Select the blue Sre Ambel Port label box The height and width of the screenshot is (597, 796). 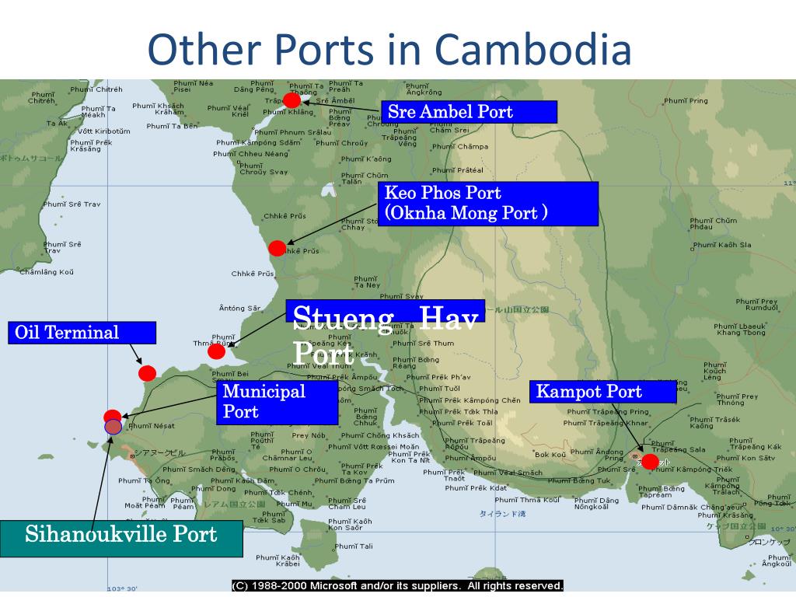469,112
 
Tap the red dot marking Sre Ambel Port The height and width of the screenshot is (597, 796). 292,100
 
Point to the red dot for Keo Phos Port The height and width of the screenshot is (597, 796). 277,249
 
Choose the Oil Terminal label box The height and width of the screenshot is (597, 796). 82,333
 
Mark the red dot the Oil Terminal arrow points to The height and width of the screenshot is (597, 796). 147,373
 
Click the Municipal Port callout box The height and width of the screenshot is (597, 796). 277,402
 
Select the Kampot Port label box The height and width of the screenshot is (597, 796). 603,392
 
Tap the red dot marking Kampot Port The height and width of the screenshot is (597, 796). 650,461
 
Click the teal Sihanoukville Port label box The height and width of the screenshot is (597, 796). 121,535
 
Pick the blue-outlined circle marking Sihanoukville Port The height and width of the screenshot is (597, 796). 113,426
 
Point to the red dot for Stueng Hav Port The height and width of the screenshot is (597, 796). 217,351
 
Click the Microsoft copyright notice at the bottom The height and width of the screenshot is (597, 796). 397,585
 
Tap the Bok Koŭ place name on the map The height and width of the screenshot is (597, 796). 550,455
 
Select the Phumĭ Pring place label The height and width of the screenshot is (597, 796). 686,101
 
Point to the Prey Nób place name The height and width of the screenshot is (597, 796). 309,435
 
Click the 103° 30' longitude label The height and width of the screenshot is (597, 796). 122,589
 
